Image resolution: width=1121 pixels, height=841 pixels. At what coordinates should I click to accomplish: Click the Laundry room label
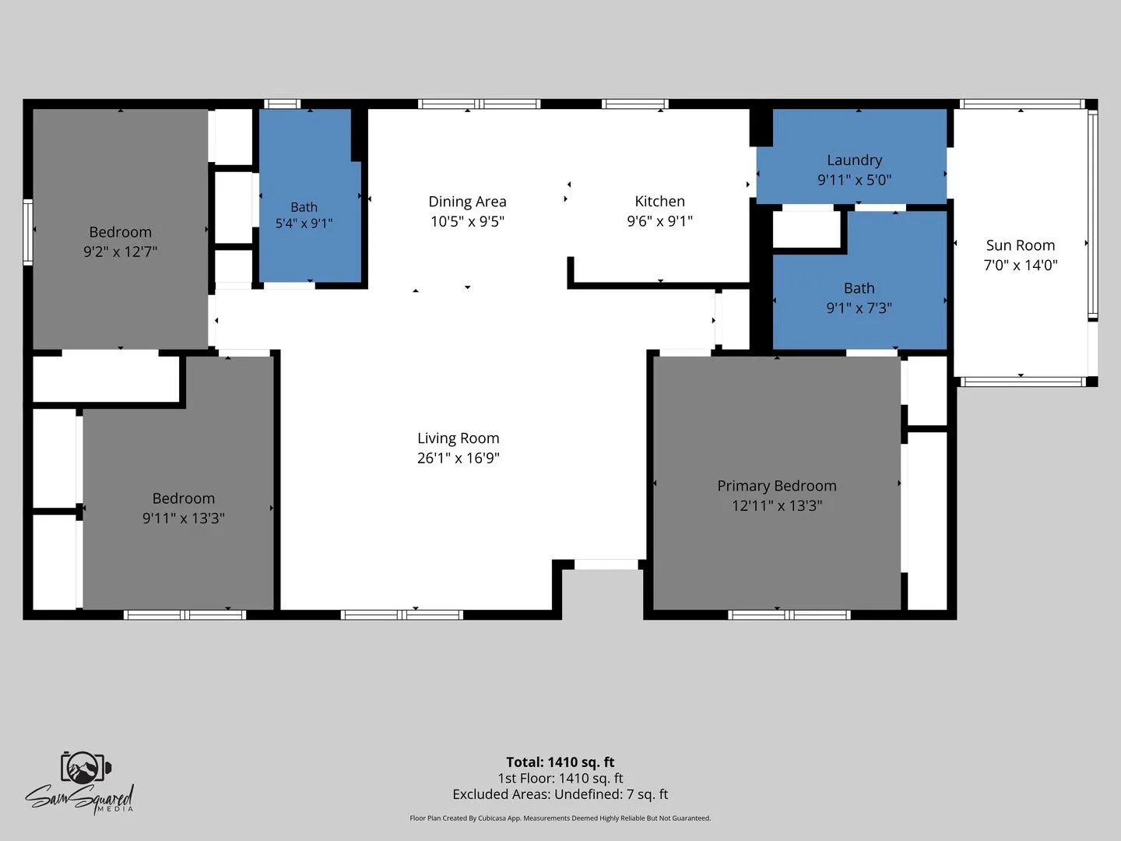point(854,160)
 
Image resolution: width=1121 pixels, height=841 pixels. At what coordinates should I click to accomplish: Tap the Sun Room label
point(1020,245)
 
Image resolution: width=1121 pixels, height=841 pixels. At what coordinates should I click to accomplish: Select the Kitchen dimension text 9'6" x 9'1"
point(659,221)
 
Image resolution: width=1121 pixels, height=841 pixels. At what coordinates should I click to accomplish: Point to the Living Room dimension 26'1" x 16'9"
point(458,458)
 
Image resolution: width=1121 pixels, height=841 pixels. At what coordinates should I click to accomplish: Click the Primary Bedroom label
point(776,486)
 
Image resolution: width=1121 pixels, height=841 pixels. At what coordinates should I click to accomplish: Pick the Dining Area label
point(467,202)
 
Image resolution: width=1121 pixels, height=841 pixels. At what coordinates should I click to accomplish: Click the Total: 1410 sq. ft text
point(560,762)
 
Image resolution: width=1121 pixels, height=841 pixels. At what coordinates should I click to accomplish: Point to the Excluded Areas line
point(560,794)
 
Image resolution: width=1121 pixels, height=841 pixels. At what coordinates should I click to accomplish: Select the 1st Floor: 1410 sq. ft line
point(560,778)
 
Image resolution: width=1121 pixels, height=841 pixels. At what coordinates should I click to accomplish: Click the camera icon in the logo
point(85,767)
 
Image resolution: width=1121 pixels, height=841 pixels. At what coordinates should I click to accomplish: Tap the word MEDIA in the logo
point(115,809)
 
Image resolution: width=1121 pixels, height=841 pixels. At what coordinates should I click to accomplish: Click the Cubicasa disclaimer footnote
point(560,818)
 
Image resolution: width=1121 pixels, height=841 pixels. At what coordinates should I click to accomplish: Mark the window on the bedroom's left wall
point(28,232)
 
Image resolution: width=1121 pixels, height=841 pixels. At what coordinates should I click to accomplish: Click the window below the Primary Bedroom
point(789,615)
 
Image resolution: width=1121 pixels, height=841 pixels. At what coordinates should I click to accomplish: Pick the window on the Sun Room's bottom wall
point(1022,382)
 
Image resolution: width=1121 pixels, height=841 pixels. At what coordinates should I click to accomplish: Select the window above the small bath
point(283,104)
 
